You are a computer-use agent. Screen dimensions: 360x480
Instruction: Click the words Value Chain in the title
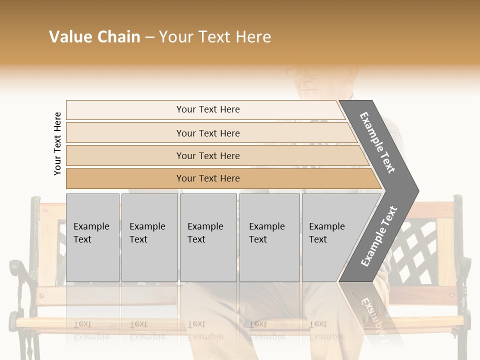[94, 37]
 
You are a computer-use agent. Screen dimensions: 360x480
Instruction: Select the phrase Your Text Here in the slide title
[215, 37]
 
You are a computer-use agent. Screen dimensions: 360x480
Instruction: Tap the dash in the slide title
[149, 37]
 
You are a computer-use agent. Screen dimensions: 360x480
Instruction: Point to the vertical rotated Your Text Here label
[58, 143]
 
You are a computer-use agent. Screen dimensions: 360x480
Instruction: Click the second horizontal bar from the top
[208, 133]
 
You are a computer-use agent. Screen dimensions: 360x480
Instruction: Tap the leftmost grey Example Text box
[92, 237]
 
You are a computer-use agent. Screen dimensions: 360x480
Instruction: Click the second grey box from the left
[149, 237]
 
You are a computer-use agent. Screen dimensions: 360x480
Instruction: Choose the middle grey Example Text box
[208, 237]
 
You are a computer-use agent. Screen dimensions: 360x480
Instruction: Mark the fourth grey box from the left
[269, 237]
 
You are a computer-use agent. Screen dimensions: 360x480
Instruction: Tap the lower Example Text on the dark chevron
[379, 236]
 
